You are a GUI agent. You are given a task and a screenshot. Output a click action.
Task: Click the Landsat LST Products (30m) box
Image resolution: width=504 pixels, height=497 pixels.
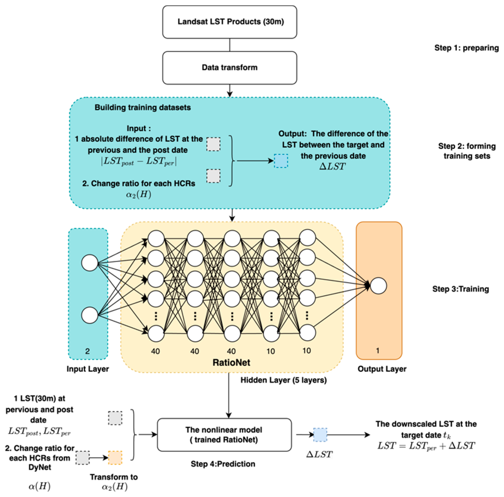coord(229,22)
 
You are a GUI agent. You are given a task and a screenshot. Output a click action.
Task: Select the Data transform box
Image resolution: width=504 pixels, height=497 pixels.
coord(229,68)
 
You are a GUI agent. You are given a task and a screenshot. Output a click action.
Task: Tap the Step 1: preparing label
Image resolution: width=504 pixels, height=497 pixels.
coord(466,48)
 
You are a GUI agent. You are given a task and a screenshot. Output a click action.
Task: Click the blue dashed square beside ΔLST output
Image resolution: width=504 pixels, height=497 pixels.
coord(281,161)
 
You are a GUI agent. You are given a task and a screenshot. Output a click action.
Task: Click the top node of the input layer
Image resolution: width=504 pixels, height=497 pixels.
coord(89,263)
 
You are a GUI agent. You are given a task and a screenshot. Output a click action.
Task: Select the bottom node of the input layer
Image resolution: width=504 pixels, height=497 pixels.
coord(89,315)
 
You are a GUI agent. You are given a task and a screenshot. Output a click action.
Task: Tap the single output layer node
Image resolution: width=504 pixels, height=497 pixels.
coord(378,286)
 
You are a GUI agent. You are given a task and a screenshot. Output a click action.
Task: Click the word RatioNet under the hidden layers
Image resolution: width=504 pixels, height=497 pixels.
coord(231,362)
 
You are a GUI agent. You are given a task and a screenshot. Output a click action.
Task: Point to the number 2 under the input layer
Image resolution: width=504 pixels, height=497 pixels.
coord(87,351)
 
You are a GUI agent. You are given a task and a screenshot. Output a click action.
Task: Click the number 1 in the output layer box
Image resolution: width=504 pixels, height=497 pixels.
coord(377,351)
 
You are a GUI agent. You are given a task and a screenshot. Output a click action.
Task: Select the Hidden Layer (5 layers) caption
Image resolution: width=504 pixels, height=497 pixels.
coord(283,380)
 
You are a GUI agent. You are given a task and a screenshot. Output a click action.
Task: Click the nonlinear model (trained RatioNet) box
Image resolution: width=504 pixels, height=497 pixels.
coord(224,435)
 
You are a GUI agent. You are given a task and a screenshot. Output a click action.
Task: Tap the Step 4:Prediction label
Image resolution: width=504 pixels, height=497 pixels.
coord(223,464)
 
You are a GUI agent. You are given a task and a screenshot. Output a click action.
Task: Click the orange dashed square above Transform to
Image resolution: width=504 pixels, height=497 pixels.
coord(115,458)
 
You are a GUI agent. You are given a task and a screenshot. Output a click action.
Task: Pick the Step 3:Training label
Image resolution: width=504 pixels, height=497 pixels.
coord(460,289)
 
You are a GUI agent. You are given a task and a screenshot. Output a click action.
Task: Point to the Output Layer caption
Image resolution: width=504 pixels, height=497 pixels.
coord(382,369)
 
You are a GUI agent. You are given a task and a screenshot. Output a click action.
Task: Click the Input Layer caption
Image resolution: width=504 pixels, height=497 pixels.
coord(88,369)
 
